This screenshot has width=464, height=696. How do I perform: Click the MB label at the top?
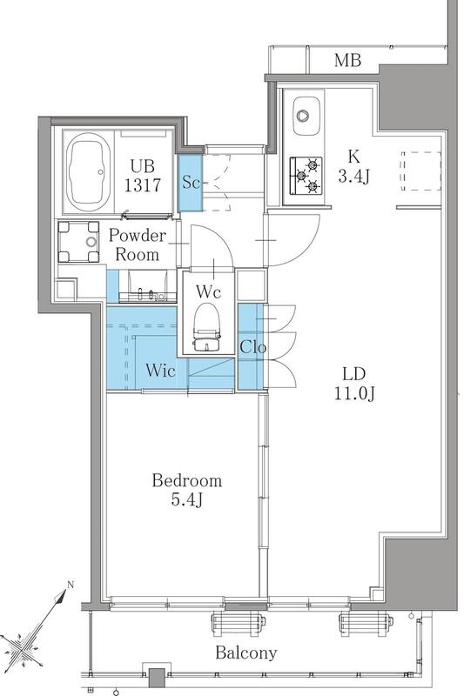pos(347,60)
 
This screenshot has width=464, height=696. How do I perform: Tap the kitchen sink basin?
pos(306,116)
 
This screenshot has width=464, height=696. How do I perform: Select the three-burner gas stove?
pos(306,177)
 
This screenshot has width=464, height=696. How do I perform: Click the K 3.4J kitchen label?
pos(354,166)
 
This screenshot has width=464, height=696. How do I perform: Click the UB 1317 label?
pos(143,176)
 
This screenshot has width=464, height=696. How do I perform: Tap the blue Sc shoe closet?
pos(191,182)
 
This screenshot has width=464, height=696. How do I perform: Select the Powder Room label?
pos(138,244)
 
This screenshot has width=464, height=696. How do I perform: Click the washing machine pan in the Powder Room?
pos(79,242)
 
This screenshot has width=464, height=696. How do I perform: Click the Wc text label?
pos(208,291)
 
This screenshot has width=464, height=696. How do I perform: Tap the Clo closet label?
pos(252,347)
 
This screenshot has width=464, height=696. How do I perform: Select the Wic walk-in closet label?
pos(160,371)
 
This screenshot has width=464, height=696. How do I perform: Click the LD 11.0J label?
pos(354,384)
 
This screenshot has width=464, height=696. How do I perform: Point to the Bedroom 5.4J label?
pos(187,490)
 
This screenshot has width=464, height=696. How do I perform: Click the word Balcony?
pos(246,652)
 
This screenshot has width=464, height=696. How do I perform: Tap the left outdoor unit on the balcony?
pos(239,625)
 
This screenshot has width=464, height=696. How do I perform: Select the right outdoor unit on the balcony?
pos(366,625)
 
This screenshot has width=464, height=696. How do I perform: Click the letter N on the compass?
pos(70,585)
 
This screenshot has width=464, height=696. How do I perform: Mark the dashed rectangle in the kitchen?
pos(421,171)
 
